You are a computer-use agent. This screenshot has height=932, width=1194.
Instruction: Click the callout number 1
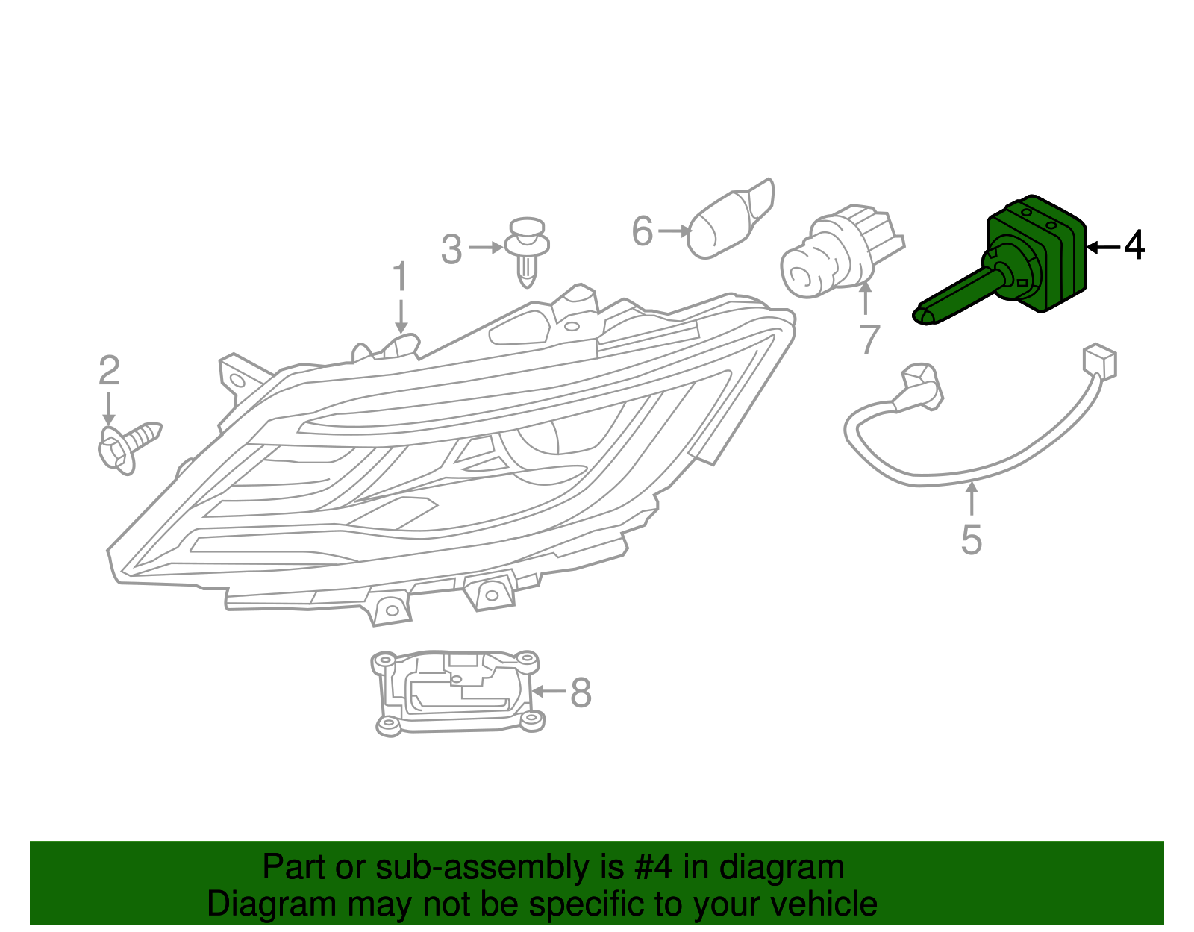[x=401, y=278]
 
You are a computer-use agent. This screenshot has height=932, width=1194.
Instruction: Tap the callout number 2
[x=109, y=371]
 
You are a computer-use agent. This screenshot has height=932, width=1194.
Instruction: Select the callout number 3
[x=451, y=250]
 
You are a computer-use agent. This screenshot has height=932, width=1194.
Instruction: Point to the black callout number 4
[x=1134, y=246]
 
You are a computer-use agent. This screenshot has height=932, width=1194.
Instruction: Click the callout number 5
[x=971, y=540]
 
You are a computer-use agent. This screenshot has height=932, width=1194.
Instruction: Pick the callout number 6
[x=643, y=231]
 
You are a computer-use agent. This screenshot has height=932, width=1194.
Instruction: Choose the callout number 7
[x=869, y=340]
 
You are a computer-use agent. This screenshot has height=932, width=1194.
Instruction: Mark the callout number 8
[x=581, y=692]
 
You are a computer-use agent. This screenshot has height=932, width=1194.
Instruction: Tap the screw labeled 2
[x=127, y=445]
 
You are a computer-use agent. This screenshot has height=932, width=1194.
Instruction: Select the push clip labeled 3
[x=528, y=250]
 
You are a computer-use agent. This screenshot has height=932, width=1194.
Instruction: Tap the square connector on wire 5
[x=1099, y=362]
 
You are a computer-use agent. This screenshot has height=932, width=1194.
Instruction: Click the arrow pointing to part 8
[x=548, y=692]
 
